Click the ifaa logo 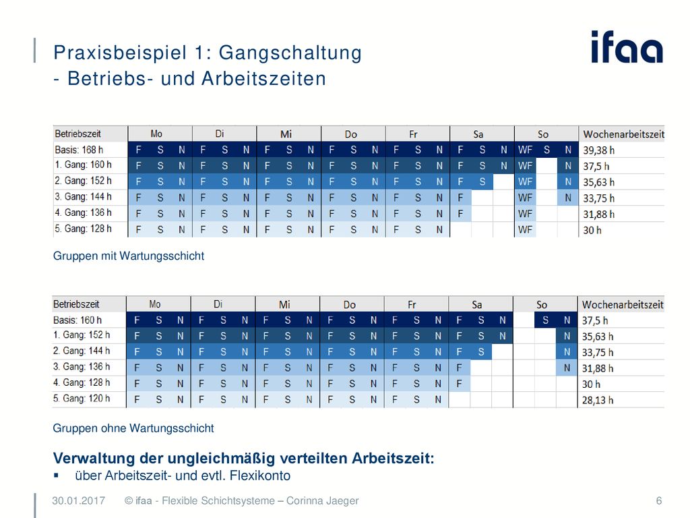pos(627,47)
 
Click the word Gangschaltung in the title pos(290,53)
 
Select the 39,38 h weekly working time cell pos(599,150)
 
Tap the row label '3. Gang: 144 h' pos(83,197)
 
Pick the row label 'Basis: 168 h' pos(79,150)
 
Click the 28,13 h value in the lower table pos(598,400)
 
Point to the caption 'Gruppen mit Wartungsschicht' pos(129,256)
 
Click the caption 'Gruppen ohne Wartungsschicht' pos(133,428)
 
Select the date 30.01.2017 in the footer pos(78,501)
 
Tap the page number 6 pos(659,501)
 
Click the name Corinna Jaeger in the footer pos(323,501)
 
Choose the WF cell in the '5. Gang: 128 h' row pos(525,229)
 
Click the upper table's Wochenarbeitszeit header pos(623,134)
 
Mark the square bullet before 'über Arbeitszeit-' pos(56,476)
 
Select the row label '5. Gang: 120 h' pos(82,399)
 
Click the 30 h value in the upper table pos(592,230)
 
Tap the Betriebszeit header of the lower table pos(76,304)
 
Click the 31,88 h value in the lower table pos(598,368)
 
